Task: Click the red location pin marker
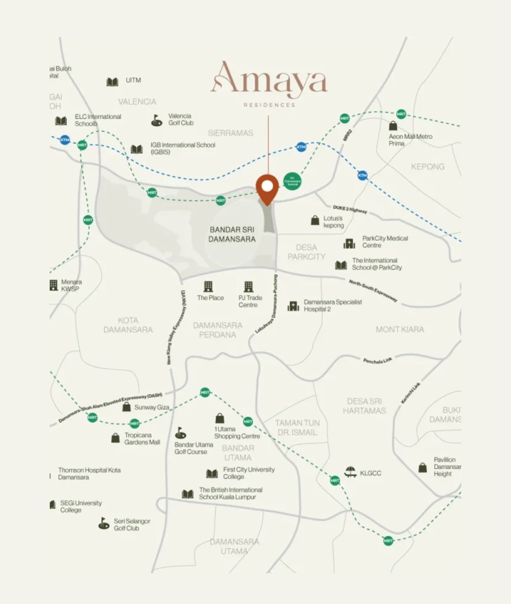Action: (x=267, y=189)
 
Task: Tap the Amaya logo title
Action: (x=269, y=78)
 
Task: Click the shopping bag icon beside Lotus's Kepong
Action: (x=315, y=220)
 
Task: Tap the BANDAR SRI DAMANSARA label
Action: (x=232, y=235)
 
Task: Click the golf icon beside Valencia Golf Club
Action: (x=157, y=120)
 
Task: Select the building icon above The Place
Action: (x=208, y=286)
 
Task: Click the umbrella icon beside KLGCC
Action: (x=351, y=472)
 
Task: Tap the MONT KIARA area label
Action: (x=400, y=330)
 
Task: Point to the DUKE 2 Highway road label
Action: (x=350, y=209)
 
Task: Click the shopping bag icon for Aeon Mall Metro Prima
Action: (x=393, y=125)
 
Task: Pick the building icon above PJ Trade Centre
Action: (x=248, y=286)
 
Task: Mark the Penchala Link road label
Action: (x=378, y=360)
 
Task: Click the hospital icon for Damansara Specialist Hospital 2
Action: (x=293, y=306)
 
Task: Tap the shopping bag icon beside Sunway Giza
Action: (x=126, y=407)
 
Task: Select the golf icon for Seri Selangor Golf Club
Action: (x=104, y=524)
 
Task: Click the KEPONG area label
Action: (x=428, y=167)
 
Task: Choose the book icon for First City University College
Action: (x=212, y=473)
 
